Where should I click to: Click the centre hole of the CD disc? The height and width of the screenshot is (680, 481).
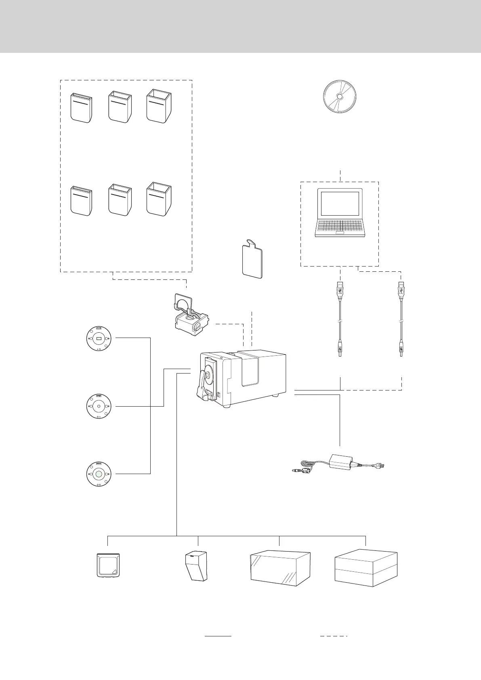[x=339, y=97]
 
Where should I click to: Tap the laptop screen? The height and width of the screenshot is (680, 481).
[x=340, y=204]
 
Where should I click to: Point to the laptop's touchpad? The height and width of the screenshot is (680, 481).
[x=340, y=233]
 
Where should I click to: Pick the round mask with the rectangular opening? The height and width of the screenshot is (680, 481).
[x=99, y=338]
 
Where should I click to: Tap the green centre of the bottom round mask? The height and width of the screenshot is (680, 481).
[x=99, y=474]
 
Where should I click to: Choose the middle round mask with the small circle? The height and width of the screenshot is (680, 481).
[x=99, y=406]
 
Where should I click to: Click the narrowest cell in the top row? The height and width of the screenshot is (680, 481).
[x=81, y=107]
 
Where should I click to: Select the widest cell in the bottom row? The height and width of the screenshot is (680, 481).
[x=158, y=199]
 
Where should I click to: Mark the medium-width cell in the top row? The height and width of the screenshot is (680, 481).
[x=120, y=107]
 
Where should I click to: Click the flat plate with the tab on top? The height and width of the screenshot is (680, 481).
[x=252, y=260]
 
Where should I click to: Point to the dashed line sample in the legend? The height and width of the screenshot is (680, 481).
[x=334, y=636]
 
